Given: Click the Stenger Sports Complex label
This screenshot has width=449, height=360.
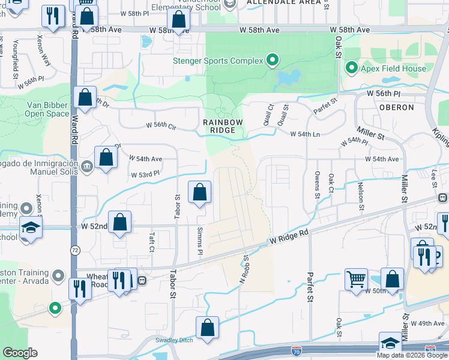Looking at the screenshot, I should (x=218, y=61).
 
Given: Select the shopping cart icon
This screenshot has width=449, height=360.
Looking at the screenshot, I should (x=356, y=278).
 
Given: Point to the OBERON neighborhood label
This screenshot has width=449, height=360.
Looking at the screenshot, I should (x=397, y=107).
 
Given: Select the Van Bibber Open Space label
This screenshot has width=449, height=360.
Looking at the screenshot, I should (x=47, y=108).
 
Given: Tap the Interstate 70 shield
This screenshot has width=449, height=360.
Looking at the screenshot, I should (x=296, y=349).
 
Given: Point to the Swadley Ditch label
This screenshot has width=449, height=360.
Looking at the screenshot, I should (x=174, y=340).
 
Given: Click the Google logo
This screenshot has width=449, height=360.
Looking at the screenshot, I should (x=20, y=352).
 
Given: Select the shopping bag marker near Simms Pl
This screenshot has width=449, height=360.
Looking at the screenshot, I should (x=200, y=193).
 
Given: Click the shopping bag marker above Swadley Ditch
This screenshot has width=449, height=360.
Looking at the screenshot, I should (x=207, y=328).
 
